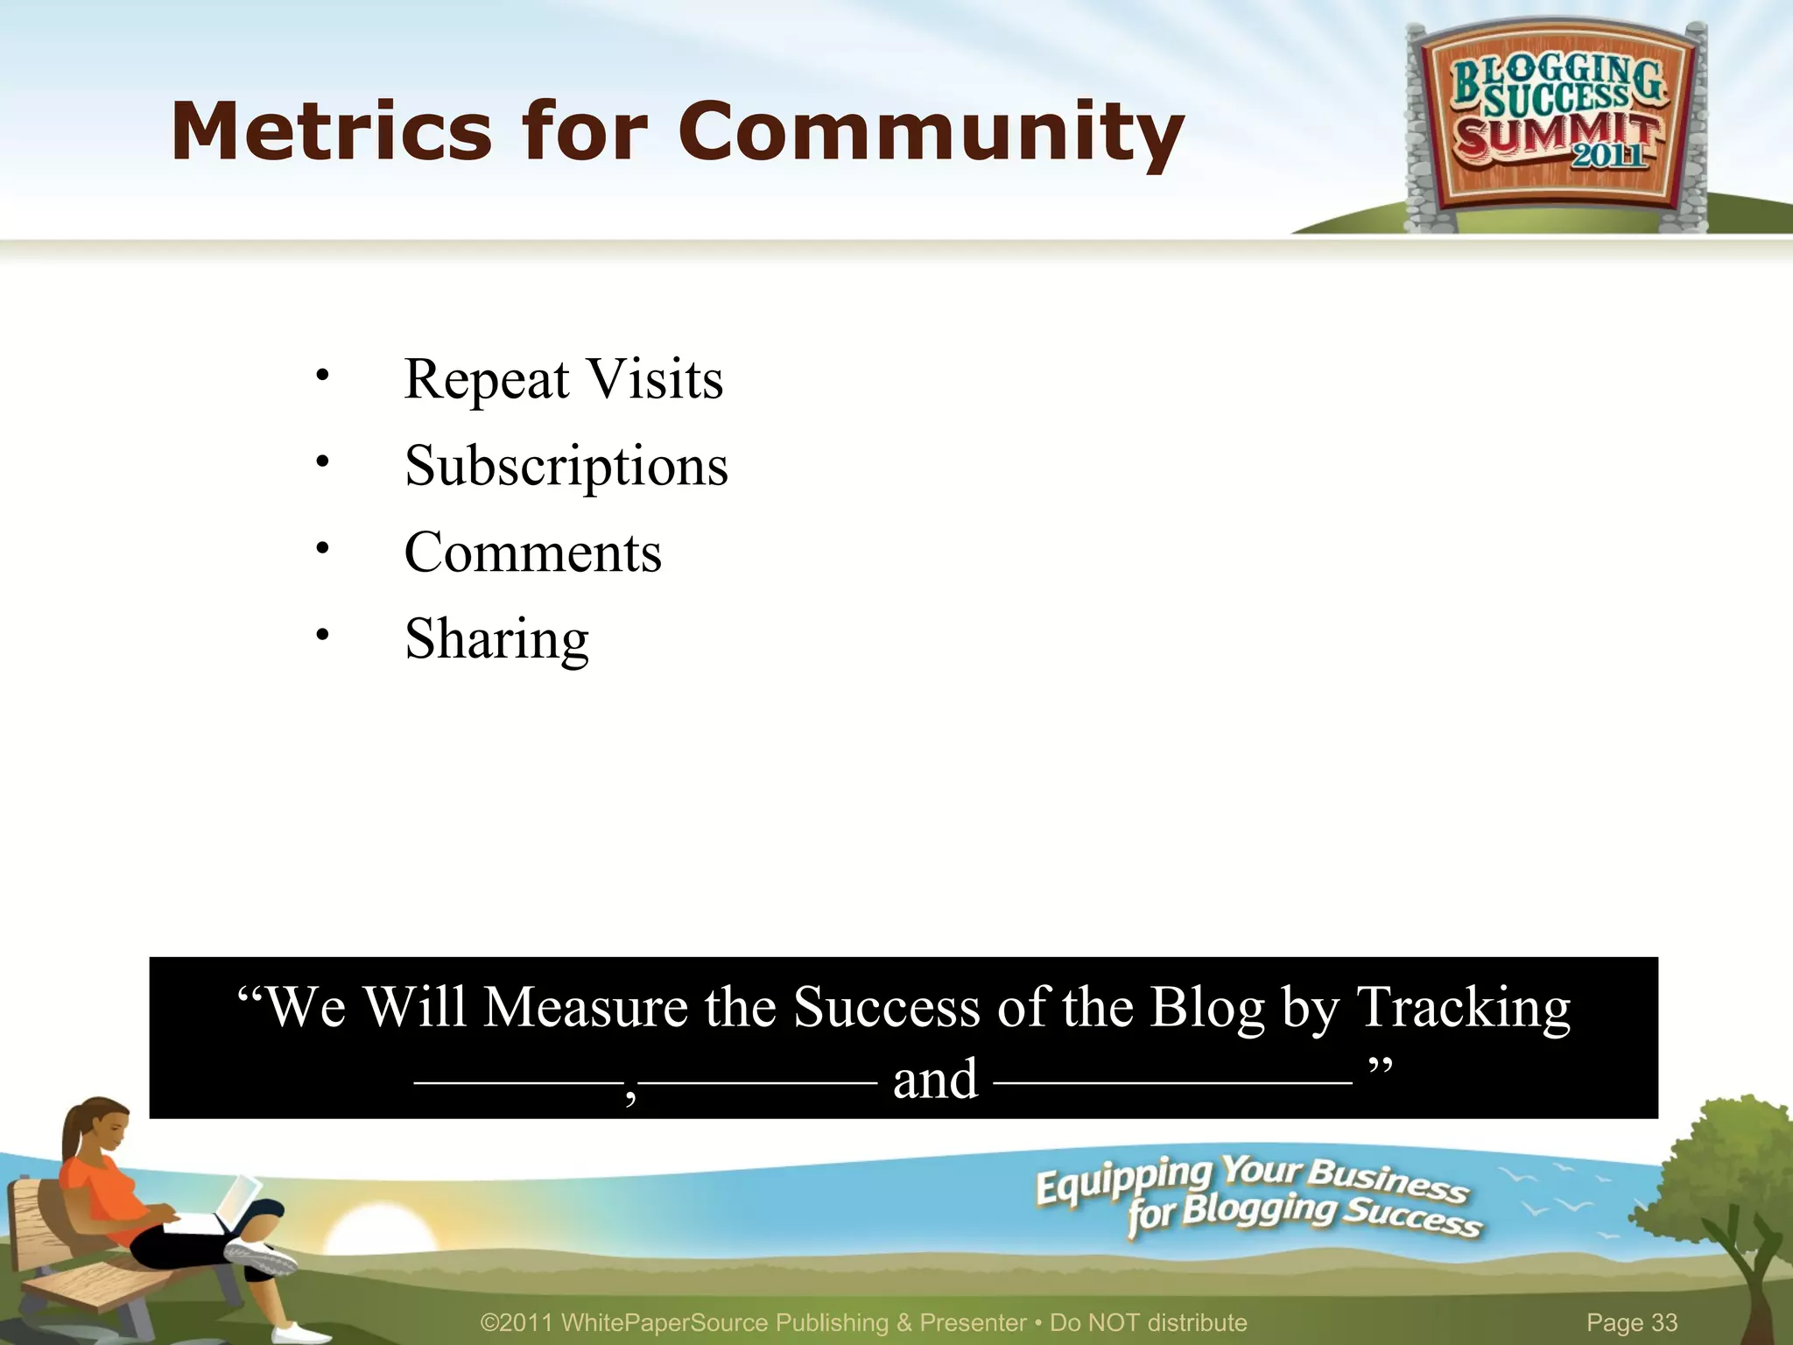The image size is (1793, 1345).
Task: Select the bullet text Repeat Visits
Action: point(563,379)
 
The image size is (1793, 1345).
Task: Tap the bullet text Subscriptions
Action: point(566,466)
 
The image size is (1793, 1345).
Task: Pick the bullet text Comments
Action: point(532,553)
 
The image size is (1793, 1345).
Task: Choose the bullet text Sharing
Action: point(496,639)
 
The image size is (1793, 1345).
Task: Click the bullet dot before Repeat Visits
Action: point(323,376)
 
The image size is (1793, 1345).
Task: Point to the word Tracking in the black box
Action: point(1464,1007)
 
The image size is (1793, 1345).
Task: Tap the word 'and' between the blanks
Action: point(935,1080)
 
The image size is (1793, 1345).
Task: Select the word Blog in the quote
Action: point(1207,1007)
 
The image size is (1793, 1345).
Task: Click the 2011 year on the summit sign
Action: point(1609,155)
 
